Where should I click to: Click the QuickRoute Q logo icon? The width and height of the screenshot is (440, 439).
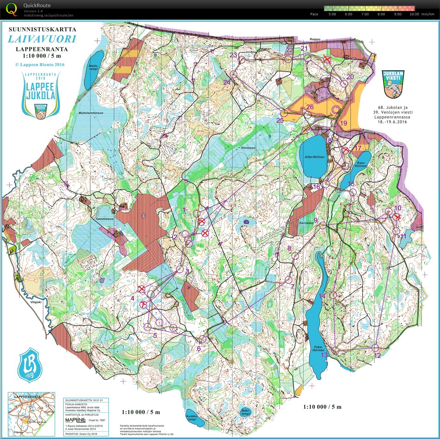pyautogui.click(x=11, y=9)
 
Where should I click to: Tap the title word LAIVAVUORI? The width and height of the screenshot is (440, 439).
pyautogui.click(x=42, y=39)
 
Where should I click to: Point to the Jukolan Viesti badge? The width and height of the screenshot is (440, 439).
pyautogui.click(x=393, y=84)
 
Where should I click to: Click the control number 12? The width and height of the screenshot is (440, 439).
pyautogui.click(x=378, y=355)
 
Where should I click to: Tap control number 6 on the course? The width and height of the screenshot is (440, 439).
pyautogui.click(x=198, y=348)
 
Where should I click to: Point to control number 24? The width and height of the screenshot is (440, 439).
pyautogui.click(x=227, y=82)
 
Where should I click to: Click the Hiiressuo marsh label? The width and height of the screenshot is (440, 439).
pyautogui.click(x=248, y=148)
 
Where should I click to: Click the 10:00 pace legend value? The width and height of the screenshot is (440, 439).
pyautogui.click(x=414, y=14)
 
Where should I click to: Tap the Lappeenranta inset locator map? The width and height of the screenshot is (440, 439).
pyautogui.click(x=31, y=414)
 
